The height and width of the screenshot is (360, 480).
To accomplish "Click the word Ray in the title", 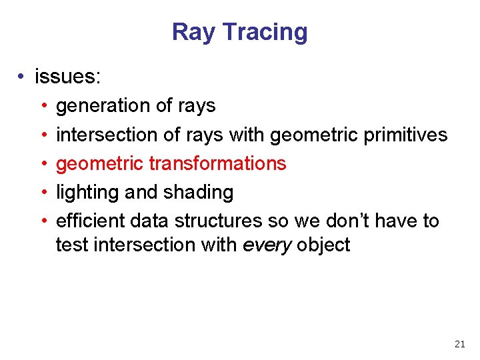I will [x=194, y=32].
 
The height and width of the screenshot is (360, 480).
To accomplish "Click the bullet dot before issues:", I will [x=22, y=77].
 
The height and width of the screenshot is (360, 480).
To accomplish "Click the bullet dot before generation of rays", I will [x=43, y=107].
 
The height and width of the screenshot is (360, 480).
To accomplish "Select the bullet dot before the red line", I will [x=43, y=164].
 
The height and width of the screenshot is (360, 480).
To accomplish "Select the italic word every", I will [x=267, y=245].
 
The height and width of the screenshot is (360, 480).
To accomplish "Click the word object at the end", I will [x=323, y=245].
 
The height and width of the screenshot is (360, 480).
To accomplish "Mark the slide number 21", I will [x=459, y=344].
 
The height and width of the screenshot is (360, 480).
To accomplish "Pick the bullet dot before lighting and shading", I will [x=43, y=193].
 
